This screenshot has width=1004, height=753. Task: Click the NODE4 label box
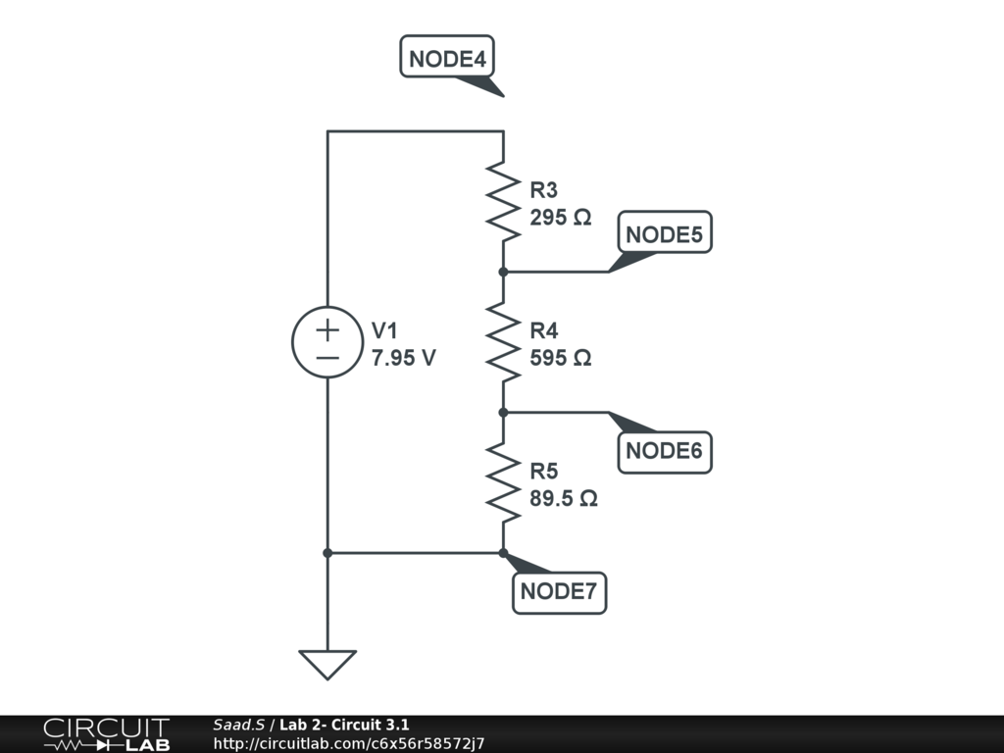(447, 58)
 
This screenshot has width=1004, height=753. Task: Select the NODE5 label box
(664, 234)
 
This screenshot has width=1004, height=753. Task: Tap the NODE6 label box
(664, 451)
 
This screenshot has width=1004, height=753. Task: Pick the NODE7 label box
(559, 591)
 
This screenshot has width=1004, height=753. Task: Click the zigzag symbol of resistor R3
(503, 202)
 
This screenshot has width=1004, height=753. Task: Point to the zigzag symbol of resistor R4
(503, 342)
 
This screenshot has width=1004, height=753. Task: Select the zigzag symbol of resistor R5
(503, 482)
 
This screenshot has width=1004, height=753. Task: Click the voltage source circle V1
(327, 342)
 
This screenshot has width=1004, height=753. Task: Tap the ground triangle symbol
(327, 664)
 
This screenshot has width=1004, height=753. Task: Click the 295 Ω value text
(561, 218)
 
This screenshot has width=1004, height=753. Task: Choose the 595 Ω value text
(561, 358)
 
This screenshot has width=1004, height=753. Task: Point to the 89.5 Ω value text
(564, 498)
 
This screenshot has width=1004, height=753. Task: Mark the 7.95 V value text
(403, 358)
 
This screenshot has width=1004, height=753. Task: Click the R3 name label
(543, 190)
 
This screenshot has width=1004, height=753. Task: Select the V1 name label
(384, 330)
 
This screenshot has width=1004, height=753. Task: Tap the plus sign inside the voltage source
(327, 326)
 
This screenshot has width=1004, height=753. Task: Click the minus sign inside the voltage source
(327, 359)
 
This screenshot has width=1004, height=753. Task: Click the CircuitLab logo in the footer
(106, 734)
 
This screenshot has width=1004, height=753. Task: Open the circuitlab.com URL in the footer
(348, 744)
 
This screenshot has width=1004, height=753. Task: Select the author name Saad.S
(238, 726)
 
